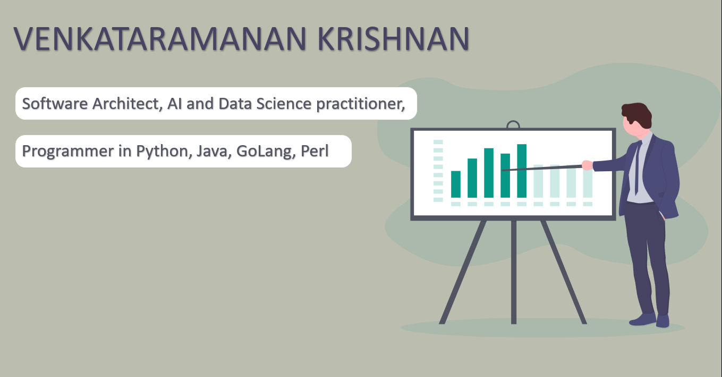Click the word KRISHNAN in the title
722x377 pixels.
(394, 39)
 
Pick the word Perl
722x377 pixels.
(315, 151)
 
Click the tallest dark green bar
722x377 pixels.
(522, 171)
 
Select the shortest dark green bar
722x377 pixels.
(455, 184)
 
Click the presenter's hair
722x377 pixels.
(637, 114)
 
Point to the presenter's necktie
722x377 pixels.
(638, 167)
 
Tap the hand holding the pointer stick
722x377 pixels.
(587, 165)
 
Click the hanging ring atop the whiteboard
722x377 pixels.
(513, 124)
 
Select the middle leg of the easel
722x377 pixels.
(514, 272)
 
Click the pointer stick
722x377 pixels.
(542, 168)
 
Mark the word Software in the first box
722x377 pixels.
(55, 104)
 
